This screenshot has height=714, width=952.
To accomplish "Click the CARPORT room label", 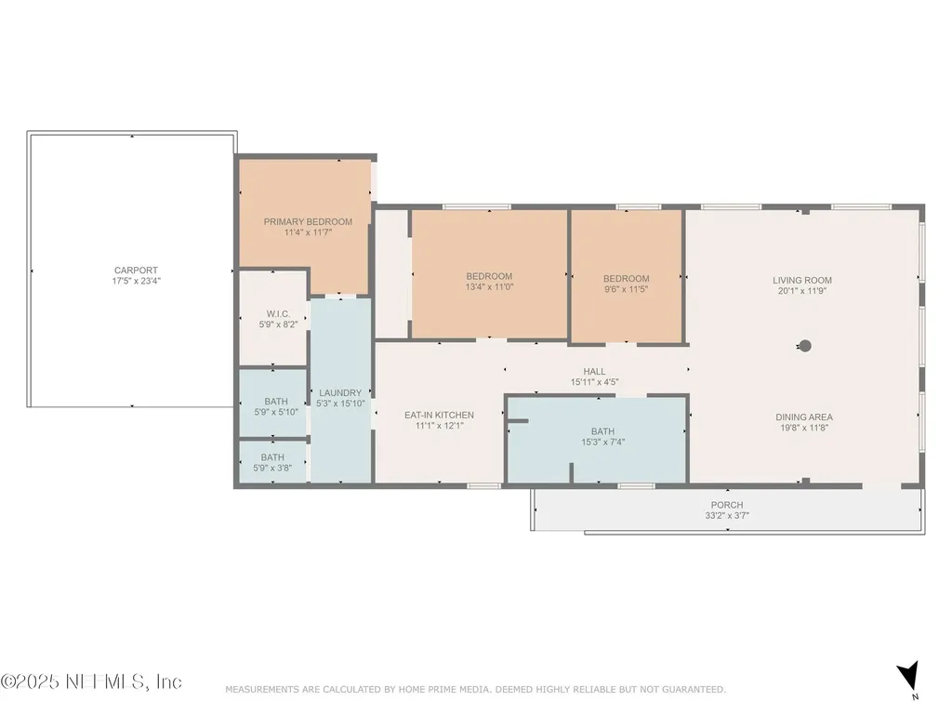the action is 136,271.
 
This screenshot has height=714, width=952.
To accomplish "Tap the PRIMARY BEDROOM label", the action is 308,221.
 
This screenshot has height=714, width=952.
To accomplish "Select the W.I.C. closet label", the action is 278,314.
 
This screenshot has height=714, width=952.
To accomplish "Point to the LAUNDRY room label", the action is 340,393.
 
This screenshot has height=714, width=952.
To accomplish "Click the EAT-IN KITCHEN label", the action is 439,416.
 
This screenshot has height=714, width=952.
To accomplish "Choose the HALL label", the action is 594,372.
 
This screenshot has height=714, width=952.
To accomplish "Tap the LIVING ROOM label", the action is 802,281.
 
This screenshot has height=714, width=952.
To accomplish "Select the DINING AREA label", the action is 804,417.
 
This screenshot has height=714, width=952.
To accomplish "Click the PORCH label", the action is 727,505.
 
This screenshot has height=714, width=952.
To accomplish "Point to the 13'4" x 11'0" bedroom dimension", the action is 489,286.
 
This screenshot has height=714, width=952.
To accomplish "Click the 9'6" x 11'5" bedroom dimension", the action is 626,289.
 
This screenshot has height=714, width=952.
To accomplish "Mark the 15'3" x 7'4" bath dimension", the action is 602,442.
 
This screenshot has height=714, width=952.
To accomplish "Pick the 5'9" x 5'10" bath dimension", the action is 276,412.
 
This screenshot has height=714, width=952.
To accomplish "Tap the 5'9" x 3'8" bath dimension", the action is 272,469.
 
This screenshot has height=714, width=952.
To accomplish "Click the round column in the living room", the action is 805,346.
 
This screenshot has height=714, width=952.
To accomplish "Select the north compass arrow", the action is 908,675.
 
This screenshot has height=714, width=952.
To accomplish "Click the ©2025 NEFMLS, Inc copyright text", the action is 91,681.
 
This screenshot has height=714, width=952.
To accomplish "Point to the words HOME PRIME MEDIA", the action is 443,689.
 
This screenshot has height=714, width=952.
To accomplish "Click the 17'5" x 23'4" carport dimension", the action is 136,281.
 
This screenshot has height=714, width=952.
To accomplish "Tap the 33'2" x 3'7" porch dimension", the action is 727,515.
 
